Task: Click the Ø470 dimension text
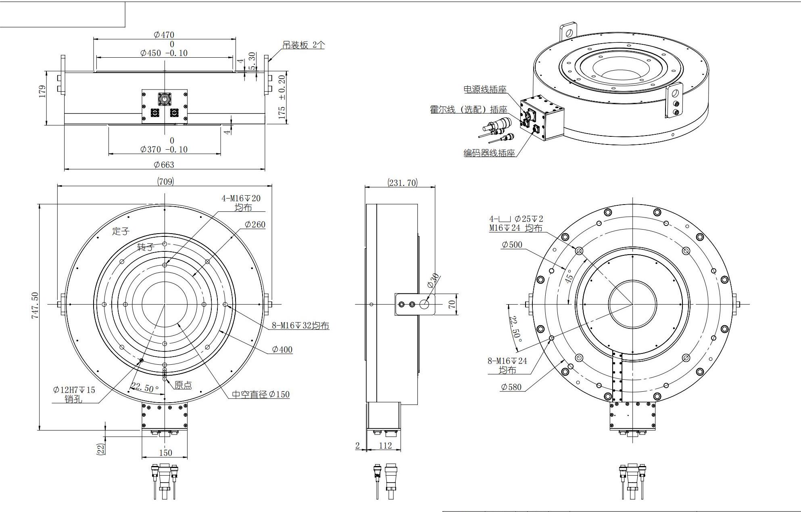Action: click(164, 35)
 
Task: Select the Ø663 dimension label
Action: click(164, 165)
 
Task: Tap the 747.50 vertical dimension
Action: click(35, 306)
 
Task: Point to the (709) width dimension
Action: click(165, 182)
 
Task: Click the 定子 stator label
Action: click(121, 231)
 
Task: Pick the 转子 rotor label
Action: click(145, 247)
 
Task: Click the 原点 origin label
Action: click(183, 385)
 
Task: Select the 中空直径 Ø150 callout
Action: click(261, 394)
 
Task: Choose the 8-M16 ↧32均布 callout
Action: click(300, 325)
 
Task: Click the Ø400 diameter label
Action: click(282, 349)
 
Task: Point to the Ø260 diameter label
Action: click(255, 224)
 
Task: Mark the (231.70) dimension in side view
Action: click(403, 183)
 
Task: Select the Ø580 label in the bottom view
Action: click(511, 387)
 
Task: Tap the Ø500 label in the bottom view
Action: click(512, 245)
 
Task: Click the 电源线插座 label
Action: click(485, 89)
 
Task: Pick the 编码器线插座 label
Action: click(489, 153)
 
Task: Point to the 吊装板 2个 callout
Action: click(303, 45)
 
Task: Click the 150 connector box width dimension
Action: click(165, 453)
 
